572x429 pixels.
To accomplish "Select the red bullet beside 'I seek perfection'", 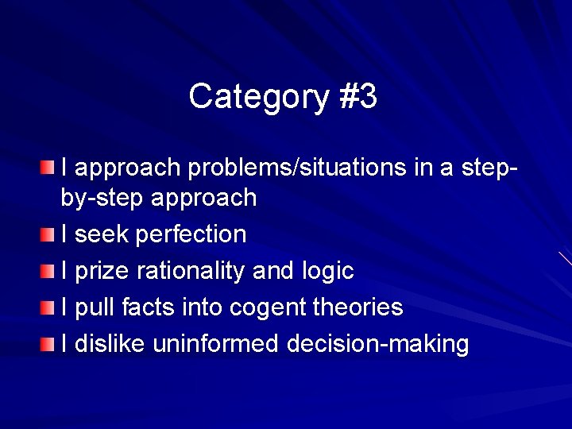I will [49, 234].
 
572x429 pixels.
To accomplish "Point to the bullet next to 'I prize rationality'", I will [49, 271].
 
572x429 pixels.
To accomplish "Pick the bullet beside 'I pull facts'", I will [49, 307].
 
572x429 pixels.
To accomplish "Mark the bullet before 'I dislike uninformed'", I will [49, 344].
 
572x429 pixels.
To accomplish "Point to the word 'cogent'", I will [260, 307].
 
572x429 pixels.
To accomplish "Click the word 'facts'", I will [151, 307].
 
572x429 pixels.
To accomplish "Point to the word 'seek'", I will [102, 234].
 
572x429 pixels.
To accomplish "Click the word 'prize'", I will [103, 271].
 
